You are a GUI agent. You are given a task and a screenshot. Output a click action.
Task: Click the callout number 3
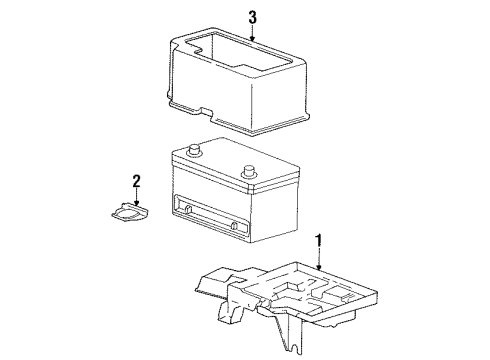coord(253,17)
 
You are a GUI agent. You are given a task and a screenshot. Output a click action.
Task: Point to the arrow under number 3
coord(253,35)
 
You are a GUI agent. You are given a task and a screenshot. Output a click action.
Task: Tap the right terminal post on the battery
coord(249,169)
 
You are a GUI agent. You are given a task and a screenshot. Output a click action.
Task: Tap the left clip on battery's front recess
coord(186,208)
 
